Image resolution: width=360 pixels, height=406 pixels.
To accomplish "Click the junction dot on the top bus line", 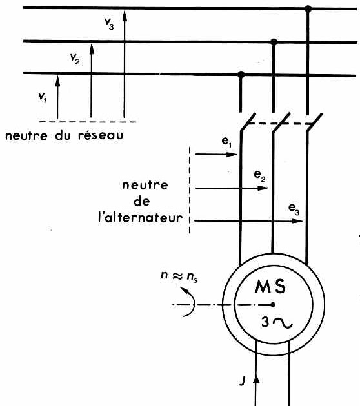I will [x=308, y=8].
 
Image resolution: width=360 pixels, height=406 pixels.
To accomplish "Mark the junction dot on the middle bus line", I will [x=274, y=42].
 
